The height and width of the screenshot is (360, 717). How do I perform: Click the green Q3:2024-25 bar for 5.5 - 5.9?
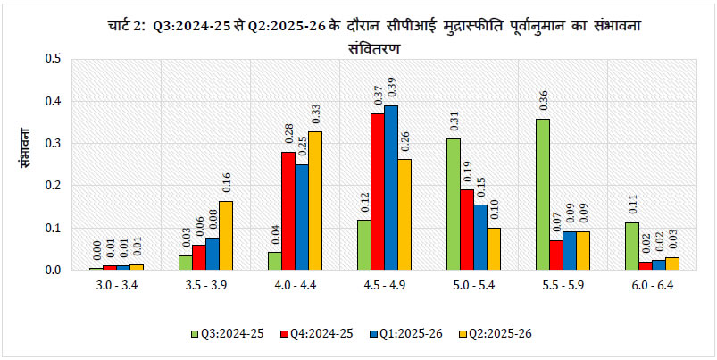542,194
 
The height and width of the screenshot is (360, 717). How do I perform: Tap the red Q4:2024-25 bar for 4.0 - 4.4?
288,211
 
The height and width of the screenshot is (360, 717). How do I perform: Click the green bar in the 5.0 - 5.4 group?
454,204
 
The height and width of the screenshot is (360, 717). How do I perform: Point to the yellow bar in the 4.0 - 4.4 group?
315,200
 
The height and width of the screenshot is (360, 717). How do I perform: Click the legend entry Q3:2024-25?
227,333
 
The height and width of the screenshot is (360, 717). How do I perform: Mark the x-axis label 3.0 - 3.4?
116,288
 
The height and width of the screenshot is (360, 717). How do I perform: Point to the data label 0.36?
542,100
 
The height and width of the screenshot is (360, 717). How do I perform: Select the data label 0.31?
454,121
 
